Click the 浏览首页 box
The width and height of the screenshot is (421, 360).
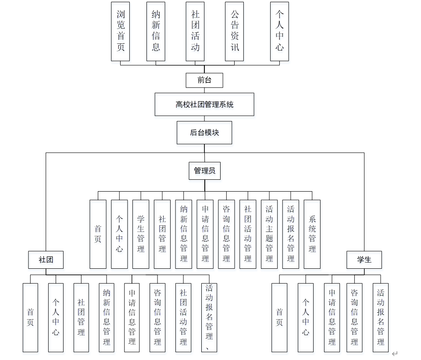tap(121, 31)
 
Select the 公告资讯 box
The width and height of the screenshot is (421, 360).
tap(235, 31)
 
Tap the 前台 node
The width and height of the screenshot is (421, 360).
tap(204, 80)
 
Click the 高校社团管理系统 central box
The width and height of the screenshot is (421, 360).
tap(204, 104)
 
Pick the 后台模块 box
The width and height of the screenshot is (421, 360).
tap(204, 132)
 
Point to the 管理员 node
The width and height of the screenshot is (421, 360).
tap(204, 171)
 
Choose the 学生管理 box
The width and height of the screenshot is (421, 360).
tap(141, 234)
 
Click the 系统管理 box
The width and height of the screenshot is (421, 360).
tap(312, 234)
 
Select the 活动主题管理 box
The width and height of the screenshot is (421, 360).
tap(269, 234)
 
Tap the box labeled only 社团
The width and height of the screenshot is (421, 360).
tap(46, 260)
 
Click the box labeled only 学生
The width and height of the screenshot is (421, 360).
tap(364, 260)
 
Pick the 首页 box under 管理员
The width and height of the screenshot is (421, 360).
tap(98, 234)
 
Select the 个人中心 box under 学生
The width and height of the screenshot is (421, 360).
tap(306, 317)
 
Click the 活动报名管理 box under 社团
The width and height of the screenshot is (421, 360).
tap(209, 317)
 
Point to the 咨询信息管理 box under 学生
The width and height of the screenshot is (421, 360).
tap(354, 317)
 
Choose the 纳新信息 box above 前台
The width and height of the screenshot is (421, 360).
tap(156, 31)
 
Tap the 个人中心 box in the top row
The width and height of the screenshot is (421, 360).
tap(280, 31)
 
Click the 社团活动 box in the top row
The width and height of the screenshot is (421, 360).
tap(195, 31)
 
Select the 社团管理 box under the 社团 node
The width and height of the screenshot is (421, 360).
tap(81, 317)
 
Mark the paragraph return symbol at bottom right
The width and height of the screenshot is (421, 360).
tap(395, 353)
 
